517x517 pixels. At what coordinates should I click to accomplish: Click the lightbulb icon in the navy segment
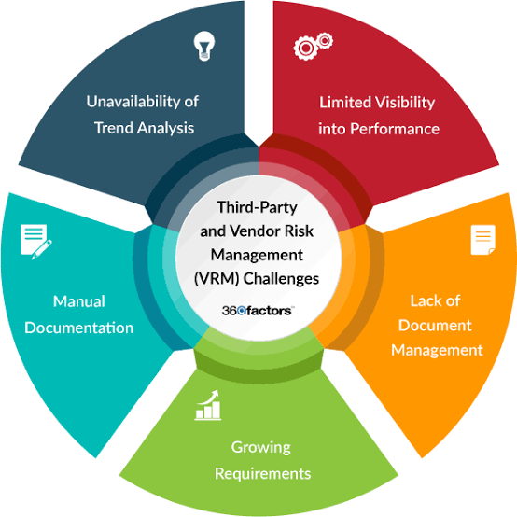[204, 46]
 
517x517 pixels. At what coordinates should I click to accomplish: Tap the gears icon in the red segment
[313, 46]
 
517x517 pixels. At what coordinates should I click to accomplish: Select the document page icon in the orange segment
[483, 240]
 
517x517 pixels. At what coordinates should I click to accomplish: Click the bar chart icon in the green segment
[208, 405]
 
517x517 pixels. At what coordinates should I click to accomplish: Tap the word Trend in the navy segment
[114, 128]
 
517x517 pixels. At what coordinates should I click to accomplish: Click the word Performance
[395, 129]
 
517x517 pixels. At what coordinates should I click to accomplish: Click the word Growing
[260, 448]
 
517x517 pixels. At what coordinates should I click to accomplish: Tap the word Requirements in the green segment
[263, 474]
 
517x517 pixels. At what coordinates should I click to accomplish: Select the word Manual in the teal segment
[79, 301]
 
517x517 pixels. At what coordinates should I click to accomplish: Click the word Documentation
[79, 328]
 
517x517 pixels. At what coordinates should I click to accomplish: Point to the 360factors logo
[258, 311]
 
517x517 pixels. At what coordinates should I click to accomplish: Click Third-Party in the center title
[257, 207]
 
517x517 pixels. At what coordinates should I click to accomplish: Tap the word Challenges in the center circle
[281, 279]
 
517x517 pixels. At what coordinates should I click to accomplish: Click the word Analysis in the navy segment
[165, 128]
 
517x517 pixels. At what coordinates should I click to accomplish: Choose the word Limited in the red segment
[345, 103]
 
